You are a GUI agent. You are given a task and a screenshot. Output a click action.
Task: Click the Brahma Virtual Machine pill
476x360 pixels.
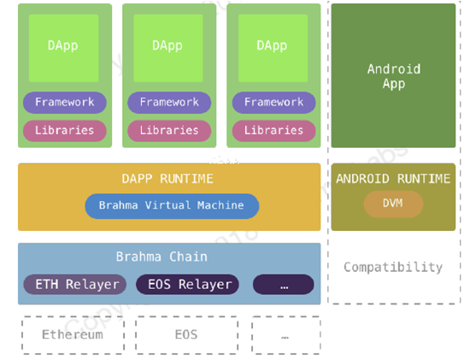pos(172,206)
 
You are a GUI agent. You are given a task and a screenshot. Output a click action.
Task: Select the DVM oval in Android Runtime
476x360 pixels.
pos(393,204)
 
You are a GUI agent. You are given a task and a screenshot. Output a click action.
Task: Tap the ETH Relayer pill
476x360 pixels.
pos(75,285)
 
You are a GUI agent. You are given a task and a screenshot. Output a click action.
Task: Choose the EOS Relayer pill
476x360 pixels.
pos(187,285)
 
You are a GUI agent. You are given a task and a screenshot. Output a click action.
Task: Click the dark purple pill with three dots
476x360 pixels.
pos(283,285)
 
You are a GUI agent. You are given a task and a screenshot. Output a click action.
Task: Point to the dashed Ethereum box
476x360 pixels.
pos(73,335)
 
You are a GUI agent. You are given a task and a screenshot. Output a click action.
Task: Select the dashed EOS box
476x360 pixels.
pos(186,335)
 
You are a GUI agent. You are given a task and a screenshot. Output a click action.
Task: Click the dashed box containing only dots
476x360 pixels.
pos(286,335)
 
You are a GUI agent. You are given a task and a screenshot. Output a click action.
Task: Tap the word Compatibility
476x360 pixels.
pos(393,268)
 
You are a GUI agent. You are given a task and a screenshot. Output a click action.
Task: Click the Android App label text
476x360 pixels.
pos(394,76)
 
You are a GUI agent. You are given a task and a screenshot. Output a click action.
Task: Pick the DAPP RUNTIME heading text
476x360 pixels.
pos(167,179)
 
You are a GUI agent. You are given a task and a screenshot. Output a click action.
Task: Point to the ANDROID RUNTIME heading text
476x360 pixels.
pos(393,179)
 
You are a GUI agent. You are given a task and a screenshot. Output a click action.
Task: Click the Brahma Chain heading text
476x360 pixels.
pos(162,257)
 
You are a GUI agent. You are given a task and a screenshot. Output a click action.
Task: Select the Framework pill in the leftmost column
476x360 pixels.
pos(65,103)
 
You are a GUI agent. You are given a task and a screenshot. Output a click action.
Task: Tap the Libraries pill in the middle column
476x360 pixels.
pos(169,131)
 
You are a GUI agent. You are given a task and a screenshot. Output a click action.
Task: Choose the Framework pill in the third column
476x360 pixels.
pos(273,103)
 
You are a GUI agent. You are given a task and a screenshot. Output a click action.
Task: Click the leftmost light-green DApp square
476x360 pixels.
pos(64,48)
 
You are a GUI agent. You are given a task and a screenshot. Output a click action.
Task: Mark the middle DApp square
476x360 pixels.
pos(168,48)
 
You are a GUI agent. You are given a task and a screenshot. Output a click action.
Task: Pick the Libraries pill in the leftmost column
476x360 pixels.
pos(65,131)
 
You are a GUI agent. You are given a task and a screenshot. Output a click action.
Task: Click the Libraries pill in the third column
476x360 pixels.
pos(273,131)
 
